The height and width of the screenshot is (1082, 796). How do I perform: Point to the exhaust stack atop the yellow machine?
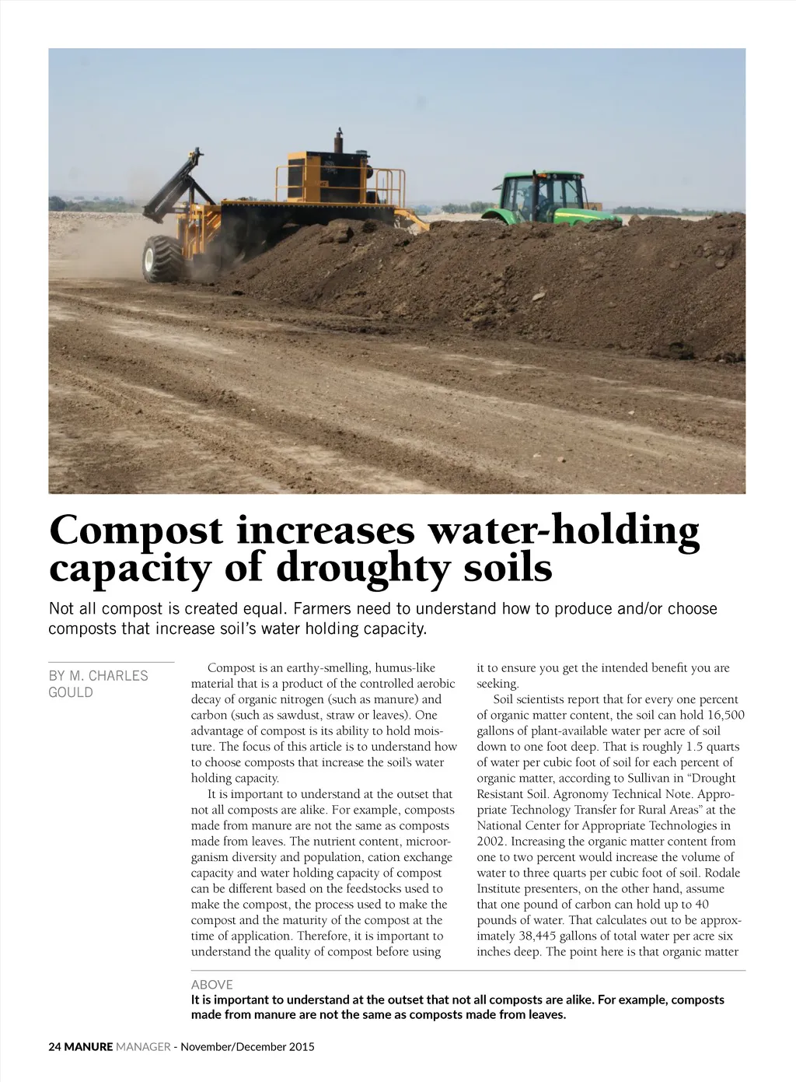coord(339,142)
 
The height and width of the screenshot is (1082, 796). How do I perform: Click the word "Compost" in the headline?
coord(135,531)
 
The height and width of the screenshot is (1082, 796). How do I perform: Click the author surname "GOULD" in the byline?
coord(71,692)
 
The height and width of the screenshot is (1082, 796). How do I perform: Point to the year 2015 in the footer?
coord(302,1046)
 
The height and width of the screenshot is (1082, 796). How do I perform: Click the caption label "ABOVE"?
coord(211,984)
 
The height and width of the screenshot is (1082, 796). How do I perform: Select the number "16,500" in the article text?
coord(724,715)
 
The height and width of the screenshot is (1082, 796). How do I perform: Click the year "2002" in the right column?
coord(491,841)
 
